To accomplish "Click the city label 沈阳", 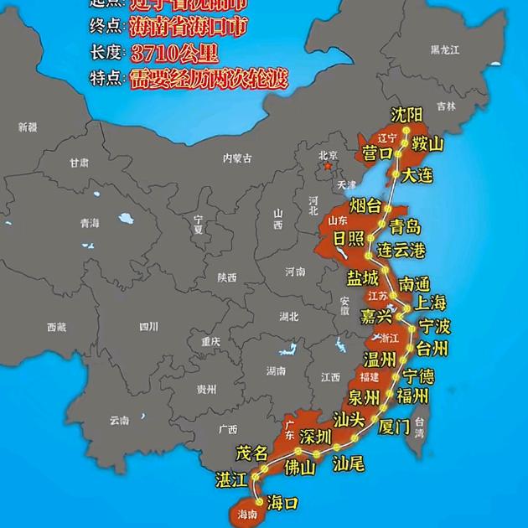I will [407, 115].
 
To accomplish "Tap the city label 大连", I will [417, 175].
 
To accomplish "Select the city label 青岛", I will [405, 226].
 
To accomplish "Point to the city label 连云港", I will [401, 251].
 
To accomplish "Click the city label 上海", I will [431, 303].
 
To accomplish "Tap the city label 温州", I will [379, 360].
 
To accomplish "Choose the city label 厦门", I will [394, 426].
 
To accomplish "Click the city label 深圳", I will [316, 437].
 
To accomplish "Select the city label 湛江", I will [230, 479].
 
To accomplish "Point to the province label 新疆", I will [28, 127].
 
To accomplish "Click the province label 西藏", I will [56, 327].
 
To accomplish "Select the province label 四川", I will [148, 326].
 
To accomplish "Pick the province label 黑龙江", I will [445, 50].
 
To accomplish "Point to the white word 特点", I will [106, 80].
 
